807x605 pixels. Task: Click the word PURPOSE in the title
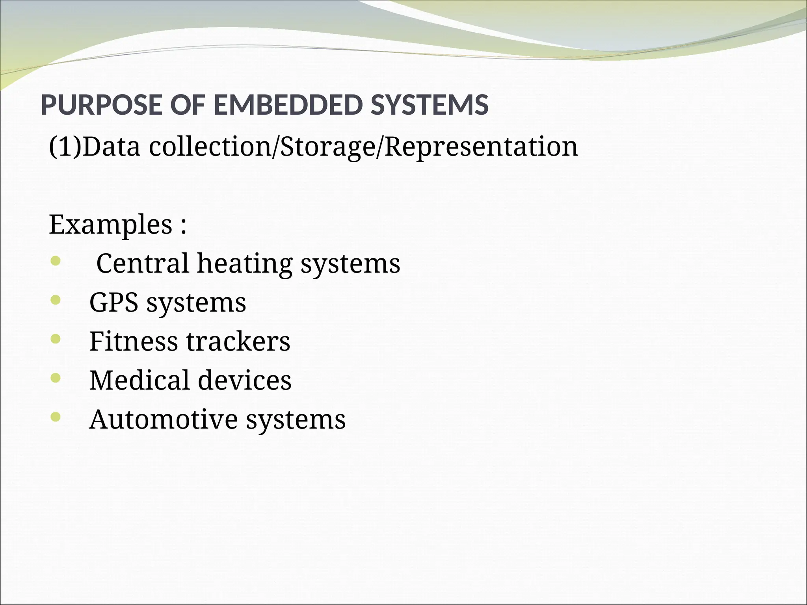[100, 105]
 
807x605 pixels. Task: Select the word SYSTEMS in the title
[430, 105]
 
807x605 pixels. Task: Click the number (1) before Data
[65, 147]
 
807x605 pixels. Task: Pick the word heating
[245, 264]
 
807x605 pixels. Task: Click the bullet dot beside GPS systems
[56, 301]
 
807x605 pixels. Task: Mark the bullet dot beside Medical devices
[56, 378]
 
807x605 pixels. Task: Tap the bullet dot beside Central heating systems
[56, 261]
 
